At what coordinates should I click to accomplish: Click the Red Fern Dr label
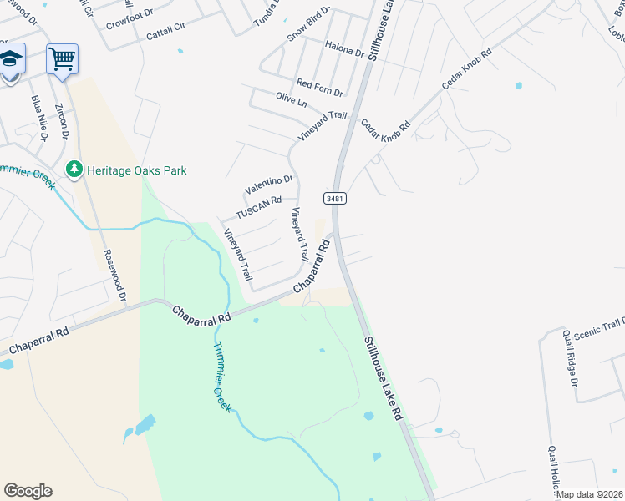320,85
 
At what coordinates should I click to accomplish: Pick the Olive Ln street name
292,99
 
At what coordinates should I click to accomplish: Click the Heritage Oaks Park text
137,170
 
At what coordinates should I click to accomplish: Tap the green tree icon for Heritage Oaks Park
74,170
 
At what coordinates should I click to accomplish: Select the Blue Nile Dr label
38,116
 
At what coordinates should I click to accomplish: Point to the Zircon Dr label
61,122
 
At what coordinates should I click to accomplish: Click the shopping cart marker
62,59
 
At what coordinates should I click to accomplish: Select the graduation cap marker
10,59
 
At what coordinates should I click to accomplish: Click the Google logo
28,490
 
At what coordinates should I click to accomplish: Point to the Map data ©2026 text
589,494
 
